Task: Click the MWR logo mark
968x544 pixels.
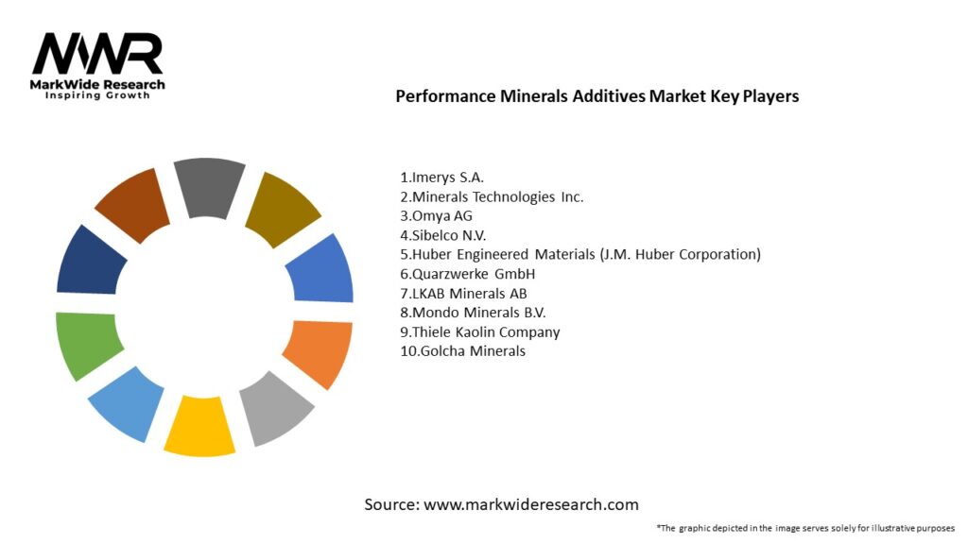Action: coord(97,56)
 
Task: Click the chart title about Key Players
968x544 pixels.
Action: coord(596,96)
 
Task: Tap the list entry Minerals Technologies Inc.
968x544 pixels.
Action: coord(492,196)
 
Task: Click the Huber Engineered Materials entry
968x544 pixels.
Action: coord(579,254)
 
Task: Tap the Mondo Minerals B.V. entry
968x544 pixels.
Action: coord(473,313)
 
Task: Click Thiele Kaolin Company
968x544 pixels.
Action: coord(479,331)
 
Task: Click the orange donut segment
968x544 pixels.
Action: coord(319,352)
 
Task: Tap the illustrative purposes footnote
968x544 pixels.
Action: coord(805,528)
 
